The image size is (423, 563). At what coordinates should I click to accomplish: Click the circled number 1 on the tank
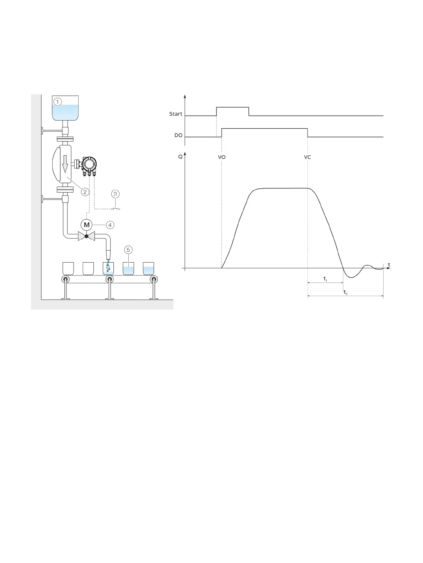pyautogui.click(x=58, y=102)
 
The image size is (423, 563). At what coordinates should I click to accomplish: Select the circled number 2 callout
pyautogui.click(x=85, y=192)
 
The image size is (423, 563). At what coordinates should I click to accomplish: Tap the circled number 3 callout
pyautogui.click(x=115, y=194)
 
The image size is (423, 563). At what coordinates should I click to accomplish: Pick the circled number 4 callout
pyautogui.click(x=110, y=225)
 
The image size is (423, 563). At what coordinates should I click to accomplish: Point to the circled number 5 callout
pyautogui.click(x=128, y=250)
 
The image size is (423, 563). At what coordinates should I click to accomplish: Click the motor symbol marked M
pyautogui.click(x=86, y=225)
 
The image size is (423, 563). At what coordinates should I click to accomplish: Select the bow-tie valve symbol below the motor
pyautogui.click(x=86, y=236)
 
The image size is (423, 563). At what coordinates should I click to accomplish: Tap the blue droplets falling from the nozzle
pyautogui.click(x=108, y=266)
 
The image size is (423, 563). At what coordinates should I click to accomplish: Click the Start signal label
pyautogui.click(x=176, y=114)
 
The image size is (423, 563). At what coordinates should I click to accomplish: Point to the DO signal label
pyautogui.click(x=178, y=135)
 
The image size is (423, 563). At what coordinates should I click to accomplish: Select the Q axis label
pyautogui.click(x=180, y=157)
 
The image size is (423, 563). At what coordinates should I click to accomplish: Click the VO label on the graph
pyautogui.click(x=221, y=157)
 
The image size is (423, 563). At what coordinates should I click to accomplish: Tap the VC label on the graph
pyautogui.click(x=307, y=157)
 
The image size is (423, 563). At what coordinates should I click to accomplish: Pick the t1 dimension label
pyautogui.click(x=325, y=279)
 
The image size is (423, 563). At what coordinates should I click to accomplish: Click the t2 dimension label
pyautogui.click(x=346, y=293)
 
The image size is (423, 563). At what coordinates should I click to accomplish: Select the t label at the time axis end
pyautogui.click(x=389, y=265)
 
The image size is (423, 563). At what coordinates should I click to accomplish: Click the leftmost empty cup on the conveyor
pyautogui.click(x=68, y=268)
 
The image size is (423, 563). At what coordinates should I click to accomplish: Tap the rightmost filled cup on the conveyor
pyautogui.click(x=149, y=269)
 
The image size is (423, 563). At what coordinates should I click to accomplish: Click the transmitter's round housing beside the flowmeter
pyautogui.click(x=89, y=164)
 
